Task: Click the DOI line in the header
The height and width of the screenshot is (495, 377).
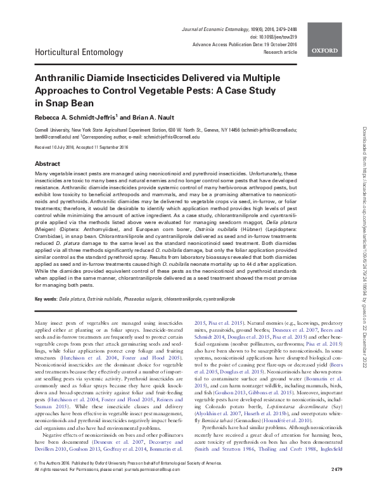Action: click(279, 28)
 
